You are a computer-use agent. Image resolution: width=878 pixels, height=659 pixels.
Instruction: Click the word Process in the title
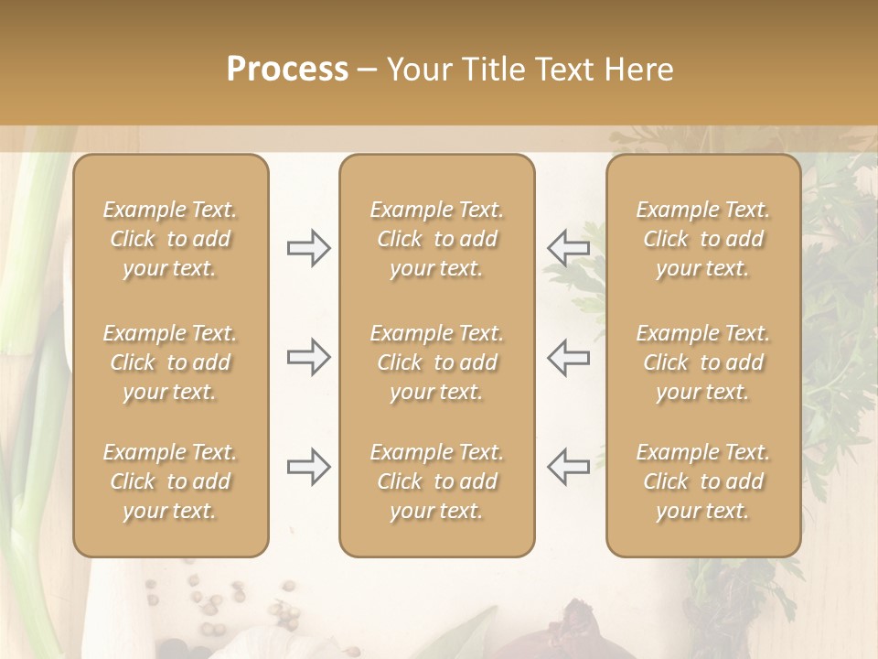pos(287,70)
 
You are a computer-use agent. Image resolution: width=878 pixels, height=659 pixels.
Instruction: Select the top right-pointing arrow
pos(309,248)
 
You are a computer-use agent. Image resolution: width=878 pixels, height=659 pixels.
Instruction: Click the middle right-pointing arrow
pos(309,357)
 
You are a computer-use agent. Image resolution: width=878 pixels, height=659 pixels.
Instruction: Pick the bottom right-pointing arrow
pos(309,467)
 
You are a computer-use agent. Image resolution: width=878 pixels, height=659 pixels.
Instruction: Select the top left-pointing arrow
pos(568,248)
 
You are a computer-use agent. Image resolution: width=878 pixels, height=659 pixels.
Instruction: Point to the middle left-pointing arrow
pos(568,357)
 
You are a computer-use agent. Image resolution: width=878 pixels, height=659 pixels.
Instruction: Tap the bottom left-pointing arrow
pos(568,467)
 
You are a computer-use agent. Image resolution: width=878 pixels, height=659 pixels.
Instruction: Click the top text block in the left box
pos(170,239)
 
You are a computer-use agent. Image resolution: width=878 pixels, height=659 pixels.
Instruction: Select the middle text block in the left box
pos(170,362)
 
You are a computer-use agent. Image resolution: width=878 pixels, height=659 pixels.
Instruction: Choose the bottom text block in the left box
pos(170,481)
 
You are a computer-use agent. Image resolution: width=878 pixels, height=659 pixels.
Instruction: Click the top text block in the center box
pos(436,239)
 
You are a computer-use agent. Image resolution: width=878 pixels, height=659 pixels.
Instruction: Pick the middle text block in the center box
pos(436,362)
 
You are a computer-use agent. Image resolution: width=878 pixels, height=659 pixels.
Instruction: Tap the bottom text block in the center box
pos(436,481)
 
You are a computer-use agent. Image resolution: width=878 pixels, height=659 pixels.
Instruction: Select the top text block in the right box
pos(703,239)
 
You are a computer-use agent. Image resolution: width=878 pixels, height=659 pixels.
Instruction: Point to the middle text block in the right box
pos(703,362)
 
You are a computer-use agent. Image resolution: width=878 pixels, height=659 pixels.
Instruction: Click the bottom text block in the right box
pos(703,481)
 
